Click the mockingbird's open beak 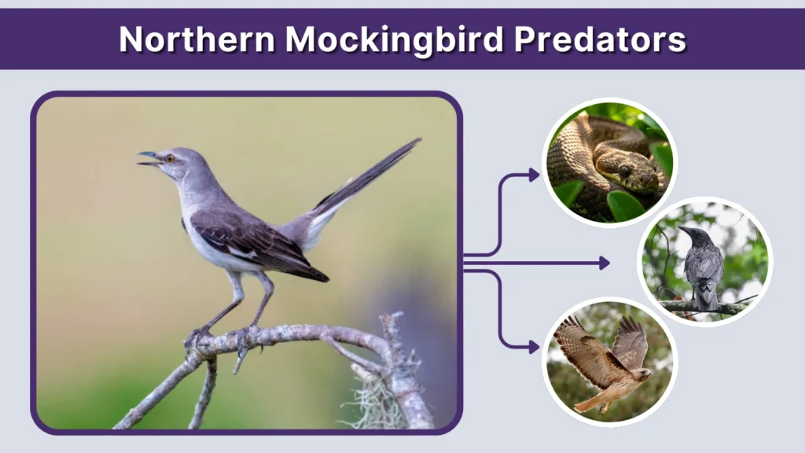(148, 159)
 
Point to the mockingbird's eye (169, 158)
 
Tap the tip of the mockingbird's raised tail (417, 142)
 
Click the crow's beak (683, 230)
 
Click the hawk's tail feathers (588, 403)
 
